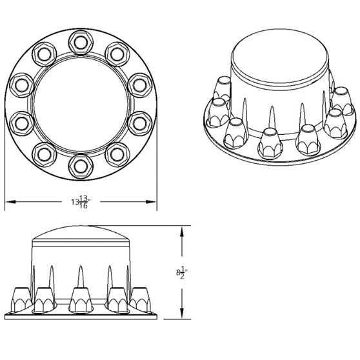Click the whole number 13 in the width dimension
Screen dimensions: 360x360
[74, 203]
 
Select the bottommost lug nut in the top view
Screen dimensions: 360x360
[81, 165]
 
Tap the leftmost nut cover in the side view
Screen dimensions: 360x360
[21, 298]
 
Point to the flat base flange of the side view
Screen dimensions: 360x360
[81, 315]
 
